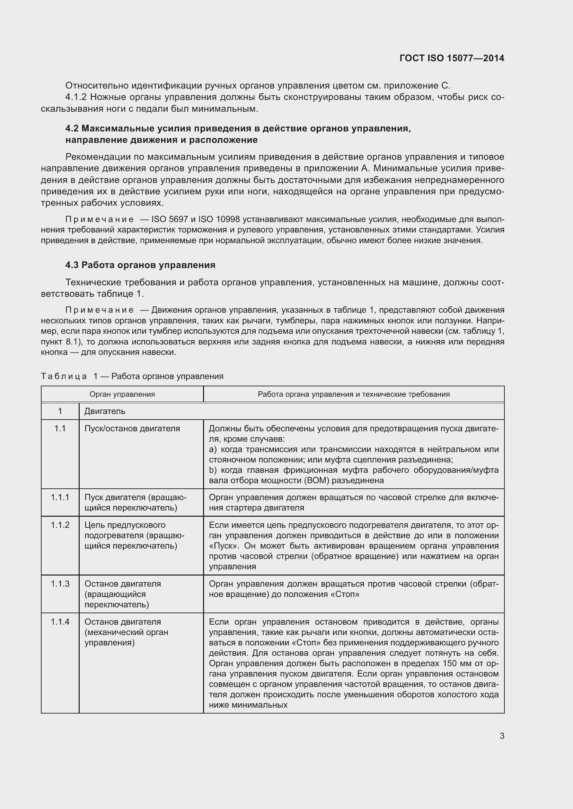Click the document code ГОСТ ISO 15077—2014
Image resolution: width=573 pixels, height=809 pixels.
pyautogui.click(x=452, y=58)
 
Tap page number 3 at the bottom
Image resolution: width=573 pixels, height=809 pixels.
pyautogui.click(x=502, y=736)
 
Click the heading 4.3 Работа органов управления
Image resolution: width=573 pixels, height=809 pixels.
pyautogui.click(x=140, y=265)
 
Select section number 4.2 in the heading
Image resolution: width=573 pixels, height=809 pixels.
pyautogui.click(x=72, y=129)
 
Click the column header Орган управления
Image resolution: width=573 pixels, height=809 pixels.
pyautogui.click(x=122, y=394)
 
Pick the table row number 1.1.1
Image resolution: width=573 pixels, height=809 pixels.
pyautogui.click(x=60, y=497)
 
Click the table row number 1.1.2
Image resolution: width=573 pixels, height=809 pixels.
pyautogui.click(x=60, y=525)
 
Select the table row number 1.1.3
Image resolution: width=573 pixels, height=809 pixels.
pyautogui.click(x=60, y=584)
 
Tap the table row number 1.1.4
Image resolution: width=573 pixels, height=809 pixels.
pyautogui.click(x=60, y=622)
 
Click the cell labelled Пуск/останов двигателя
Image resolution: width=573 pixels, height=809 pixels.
pyautogui.click(x=132, y=429)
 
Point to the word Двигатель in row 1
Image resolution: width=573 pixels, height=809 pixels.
pyautogui.click(x=105, y=411)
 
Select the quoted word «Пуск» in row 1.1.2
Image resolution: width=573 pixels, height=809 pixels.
pyautogui.click(x=221, y=546)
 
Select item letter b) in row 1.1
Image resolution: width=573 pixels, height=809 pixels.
pyautogui.click(x=212, y=470)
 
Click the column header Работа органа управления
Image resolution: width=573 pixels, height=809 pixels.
pyautogui.click(x=354, y=394)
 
